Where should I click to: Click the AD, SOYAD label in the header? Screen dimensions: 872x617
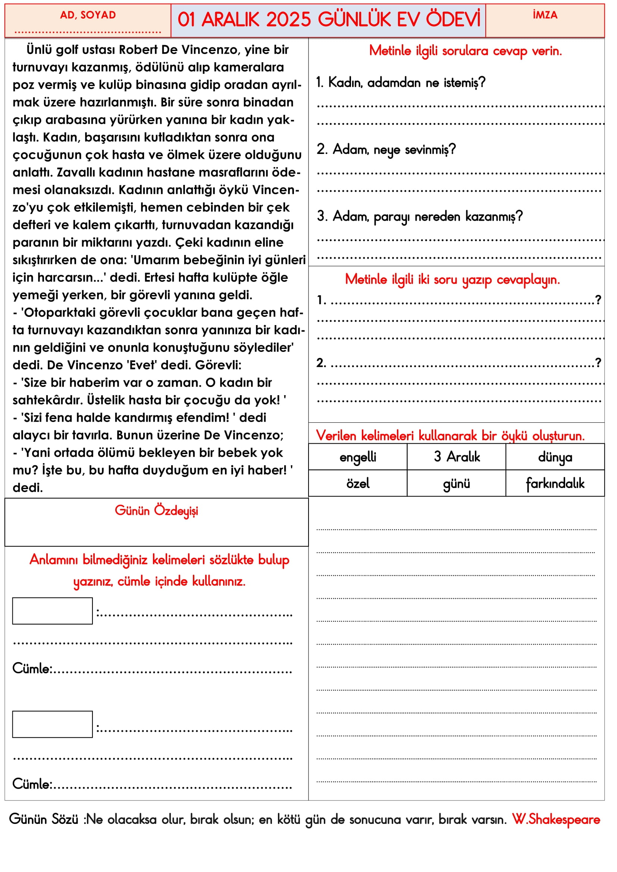click(88, 15)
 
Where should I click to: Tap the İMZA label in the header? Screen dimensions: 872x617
click(545, 15)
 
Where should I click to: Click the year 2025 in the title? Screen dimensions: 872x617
click(288, 20)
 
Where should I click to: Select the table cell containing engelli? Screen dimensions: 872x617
click(357, 457)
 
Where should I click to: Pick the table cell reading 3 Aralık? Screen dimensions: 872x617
click(456, 457)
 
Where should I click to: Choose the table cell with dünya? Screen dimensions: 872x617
click(555, 457)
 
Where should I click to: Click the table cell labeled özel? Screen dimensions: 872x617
click(357, 484)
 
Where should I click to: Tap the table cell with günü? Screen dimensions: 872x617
click(456, 484)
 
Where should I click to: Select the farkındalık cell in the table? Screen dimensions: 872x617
click(555, 484)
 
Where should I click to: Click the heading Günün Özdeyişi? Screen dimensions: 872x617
click(156, 511)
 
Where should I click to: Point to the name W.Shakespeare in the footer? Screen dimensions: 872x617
click(556, 819)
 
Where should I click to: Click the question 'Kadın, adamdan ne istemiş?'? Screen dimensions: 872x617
click(400, 82)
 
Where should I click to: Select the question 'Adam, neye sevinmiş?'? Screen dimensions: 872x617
click(386, 149)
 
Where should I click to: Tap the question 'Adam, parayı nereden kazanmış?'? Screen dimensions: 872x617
click(419, 217)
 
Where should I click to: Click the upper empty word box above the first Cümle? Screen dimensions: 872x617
click(53, 611)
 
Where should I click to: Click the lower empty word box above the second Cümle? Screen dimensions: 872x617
click(53, 724)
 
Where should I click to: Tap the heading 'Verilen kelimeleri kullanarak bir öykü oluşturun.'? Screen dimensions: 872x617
click(450, 435)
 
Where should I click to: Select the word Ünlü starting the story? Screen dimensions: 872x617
click(39, 50)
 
